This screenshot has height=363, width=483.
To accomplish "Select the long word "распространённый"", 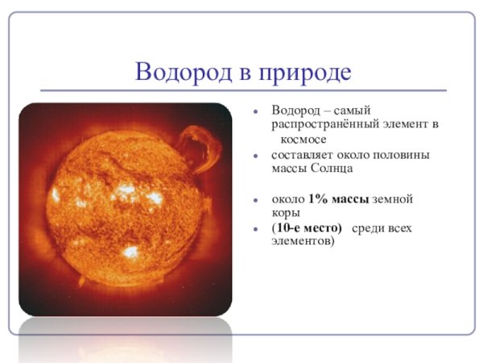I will [324, 125].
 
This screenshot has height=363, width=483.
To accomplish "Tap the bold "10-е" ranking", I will [288, 227].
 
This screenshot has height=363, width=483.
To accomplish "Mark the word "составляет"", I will [301, 155].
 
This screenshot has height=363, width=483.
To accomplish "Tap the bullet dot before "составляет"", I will [255, 155].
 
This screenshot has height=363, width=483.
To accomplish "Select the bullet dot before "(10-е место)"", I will [255, 228].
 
